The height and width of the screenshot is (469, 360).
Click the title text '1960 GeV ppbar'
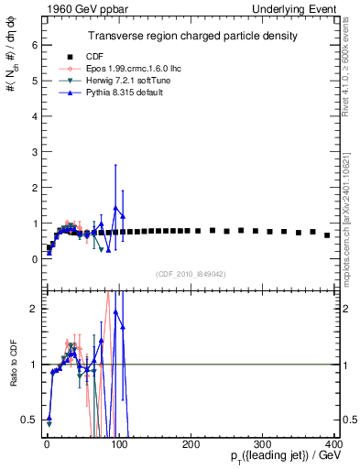pyautogui.click(x=72, y=7)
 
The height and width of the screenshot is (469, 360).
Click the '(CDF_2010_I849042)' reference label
pyautogui.click(x=191, y=273)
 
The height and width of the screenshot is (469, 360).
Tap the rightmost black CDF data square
pyautogui.click(x=327, y=235)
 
